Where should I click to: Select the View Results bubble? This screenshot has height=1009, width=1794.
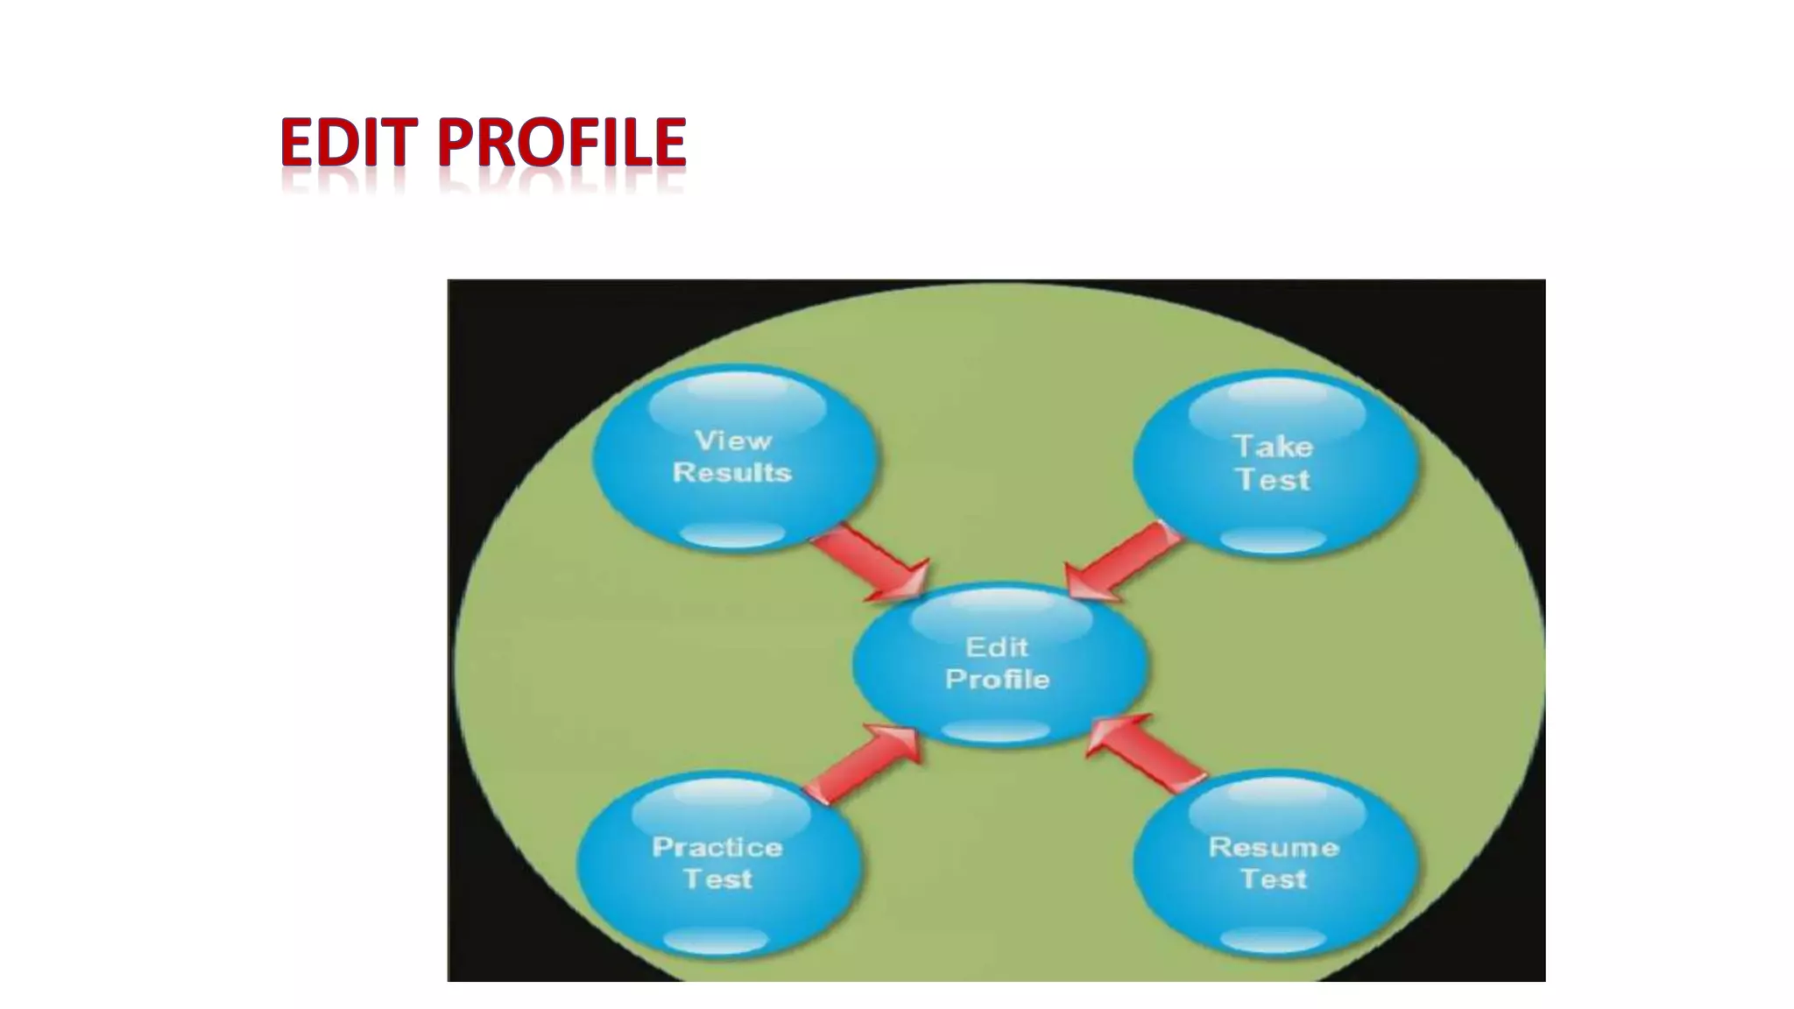click(x=734, y=457)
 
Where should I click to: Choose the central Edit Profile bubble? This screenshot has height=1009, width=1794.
click(x=999, y=664)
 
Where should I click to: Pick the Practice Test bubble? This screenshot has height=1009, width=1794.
click(x=718, y=864)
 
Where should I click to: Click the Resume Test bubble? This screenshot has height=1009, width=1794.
click(x=1275, y=864)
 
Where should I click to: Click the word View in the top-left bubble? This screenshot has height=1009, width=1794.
click(x=733, y=441)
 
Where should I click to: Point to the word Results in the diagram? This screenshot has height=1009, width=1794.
click(x=732, y=473)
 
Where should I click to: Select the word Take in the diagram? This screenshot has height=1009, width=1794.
click(x=1274, y=448)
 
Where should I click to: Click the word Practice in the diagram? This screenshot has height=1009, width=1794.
click(x=717, y=848)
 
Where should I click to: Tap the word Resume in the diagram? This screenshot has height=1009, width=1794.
click(x=1274, y=848)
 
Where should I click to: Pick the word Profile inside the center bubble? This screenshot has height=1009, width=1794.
click(x=998, y=680)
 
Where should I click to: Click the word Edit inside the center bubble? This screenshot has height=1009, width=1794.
click(x=997, y=648)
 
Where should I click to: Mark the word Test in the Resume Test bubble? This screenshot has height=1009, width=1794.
click(x=1274, y=879)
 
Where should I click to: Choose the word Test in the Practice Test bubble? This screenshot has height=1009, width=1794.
click(x=718, y=879)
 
